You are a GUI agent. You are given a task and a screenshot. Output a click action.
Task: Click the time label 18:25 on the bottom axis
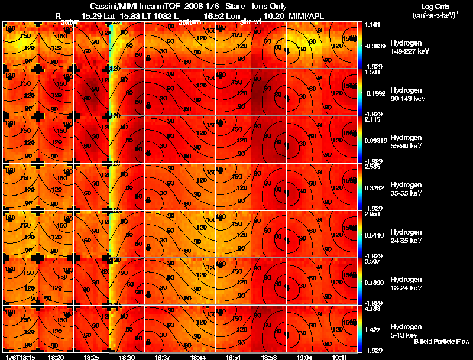coord(92,357)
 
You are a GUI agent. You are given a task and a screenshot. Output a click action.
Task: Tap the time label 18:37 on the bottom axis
coord(161,357)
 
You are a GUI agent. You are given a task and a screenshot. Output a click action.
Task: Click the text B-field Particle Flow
coord(442,342)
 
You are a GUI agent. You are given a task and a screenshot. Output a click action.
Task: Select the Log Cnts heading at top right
coord(437,7)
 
